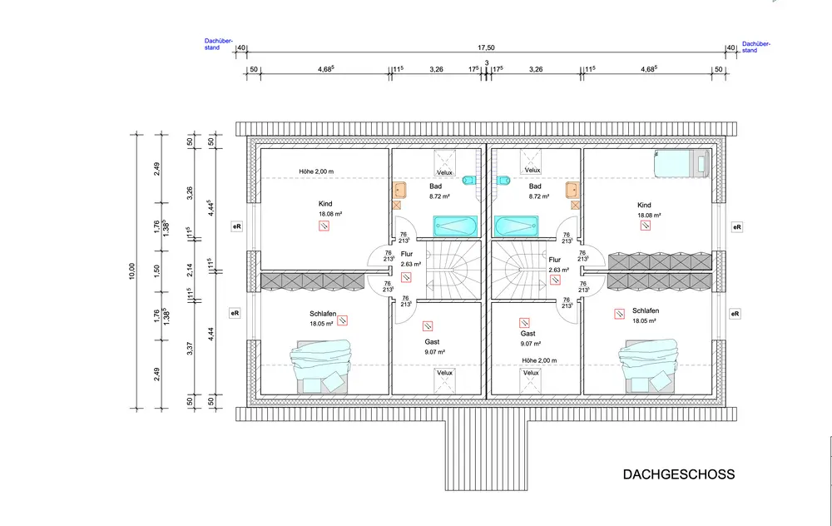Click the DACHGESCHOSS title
click(679, 474)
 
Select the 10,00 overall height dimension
click(131, 270)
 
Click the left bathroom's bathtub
click(454, 226)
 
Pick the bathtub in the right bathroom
click(518, 226)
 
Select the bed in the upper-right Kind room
click(681, 163)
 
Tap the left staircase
click(453, 270)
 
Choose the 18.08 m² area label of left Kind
click(325, 215)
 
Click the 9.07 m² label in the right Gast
click(530, 343)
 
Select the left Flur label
click(407, 255)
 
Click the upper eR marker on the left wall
click(236, 226)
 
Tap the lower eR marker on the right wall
click(735, 314)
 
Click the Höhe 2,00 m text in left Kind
click(317, 172)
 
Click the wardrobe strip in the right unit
click(660, 260)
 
